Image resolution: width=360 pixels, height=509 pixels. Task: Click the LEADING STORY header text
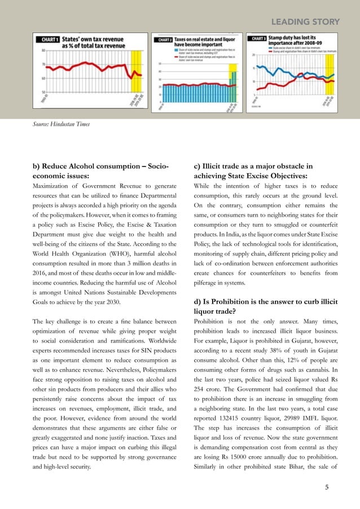306,22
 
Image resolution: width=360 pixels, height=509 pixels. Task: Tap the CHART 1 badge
49,40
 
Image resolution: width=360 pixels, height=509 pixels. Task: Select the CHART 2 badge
164,40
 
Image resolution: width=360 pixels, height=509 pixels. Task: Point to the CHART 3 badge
258,39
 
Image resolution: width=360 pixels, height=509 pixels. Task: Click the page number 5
327,486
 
